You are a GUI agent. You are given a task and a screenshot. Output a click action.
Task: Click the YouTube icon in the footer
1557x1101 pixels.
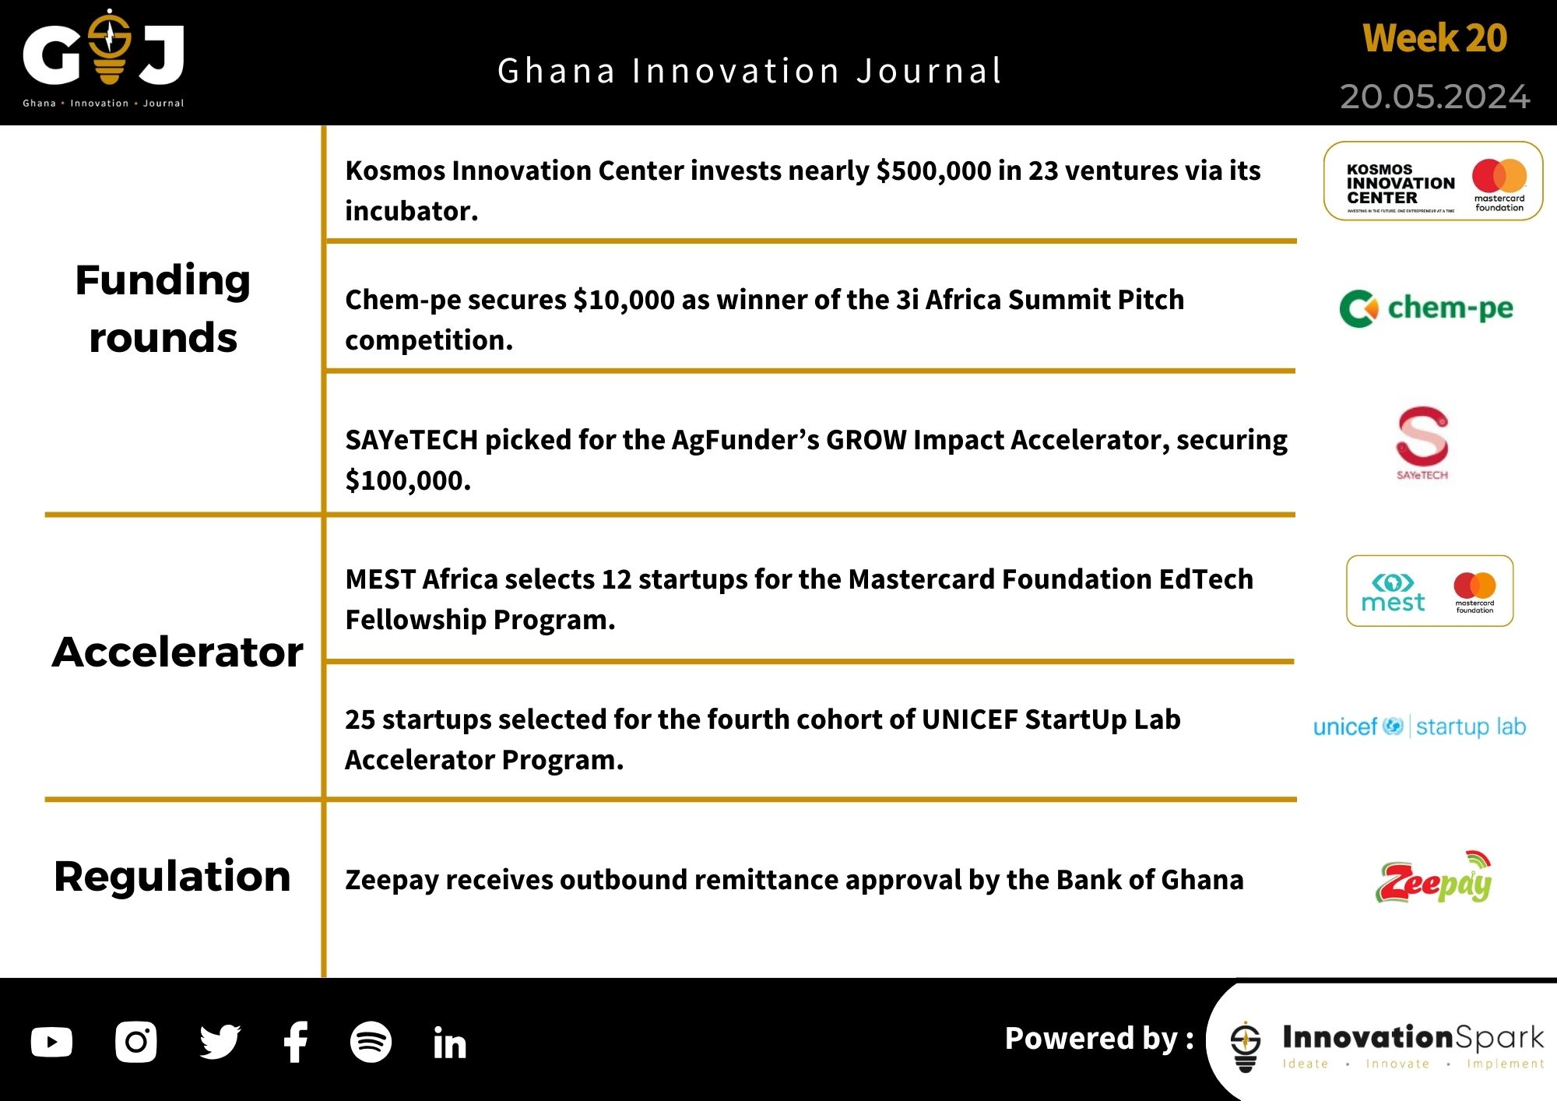coord(51,1042)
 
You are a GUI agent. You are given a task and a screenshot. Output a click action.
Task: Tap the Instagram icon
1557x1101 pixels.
coord(135,1042)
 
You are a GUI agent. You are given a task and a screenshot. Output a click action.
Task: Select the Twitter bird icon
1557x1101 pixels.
coord(220,1042)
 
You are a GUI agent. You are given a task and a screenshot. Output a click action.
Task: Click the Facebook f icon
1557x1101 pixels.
coord(296,1042)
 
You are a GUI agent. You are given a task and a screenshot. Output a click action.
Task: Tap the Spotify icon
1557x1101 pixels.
coord(371,1042)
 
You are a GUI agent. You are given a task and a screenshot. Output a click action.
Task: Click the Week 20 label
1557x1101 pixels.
coord(1434,39)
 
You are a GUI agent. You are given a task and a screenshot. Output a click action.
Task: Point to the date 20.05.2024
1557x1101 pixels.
coord(1434,97)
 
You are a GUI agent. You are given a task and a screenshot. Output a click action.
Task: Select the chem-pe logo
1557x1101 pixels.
coord(1426,308)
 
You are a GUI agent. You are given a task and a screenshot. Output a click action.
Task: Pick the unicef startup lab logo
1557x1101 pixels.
coord(1418,726)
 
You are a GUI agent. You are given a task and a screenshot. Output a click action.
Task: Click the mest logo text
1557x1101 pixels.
coord(1392,602)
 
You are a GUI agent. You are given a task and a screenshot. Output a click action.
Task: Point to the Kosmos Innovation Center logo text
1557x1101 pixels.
coord(1400,184)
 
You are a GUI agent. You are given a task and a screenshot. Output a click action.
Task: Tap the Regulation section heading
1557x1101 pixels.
coord(172,877)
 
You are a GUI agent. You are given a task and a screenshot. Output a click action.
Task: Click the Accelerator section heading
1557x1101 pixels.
coord(177,653)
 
